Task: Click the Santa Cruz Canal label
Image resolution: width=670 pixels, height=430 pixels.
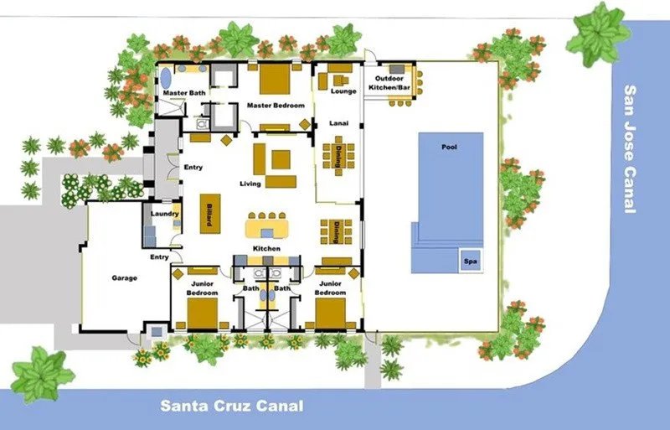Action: click(232, 406)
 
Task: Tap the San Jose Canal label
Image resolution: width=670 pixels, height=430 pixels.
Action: click(631, 149)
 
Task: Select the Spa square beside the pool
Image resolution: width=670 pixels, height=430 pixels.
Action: click(470, 261)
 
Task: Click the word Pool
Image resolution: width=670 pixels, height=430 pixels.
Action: click(449, 147)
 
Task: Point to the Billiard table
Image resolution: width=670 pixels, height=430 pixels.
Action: click(210, 214)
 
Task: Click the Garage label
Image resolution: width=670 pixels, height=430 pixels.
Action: click(124, 278)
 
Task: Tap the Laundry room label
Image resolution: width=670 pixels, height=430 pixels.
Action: click(164, 214)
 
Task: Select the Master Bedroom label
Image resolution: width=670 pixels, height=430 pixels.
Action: click(276, 106)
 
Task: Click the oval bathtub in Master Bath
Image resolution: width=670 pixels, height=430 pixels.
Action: click(165, 78)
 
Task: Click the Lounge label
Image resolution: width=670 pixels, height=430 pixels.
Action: click(343, 91)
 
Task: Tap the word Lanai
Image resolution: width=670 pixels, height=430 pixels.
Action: click(339, 123)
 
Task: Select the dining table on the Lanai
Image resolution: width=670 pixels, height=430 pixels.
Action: click(338, 156)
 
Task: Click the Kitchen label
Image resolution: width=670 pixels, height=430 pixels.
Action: click(266, 249)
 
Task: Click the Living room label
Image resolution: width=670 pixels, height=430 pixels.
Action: click(250, 184)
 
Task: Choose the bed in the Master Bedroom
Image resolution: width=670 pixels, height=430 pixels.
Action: click(275, 79)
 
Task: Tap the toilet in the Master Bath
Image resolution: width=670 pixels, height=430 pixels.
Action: click(202, 125)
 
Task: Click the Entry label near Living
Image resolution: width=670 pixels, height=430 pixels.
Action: click(193, 168)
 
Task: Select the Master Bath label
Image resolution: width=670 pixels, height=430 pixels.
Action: click(184, 93)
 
